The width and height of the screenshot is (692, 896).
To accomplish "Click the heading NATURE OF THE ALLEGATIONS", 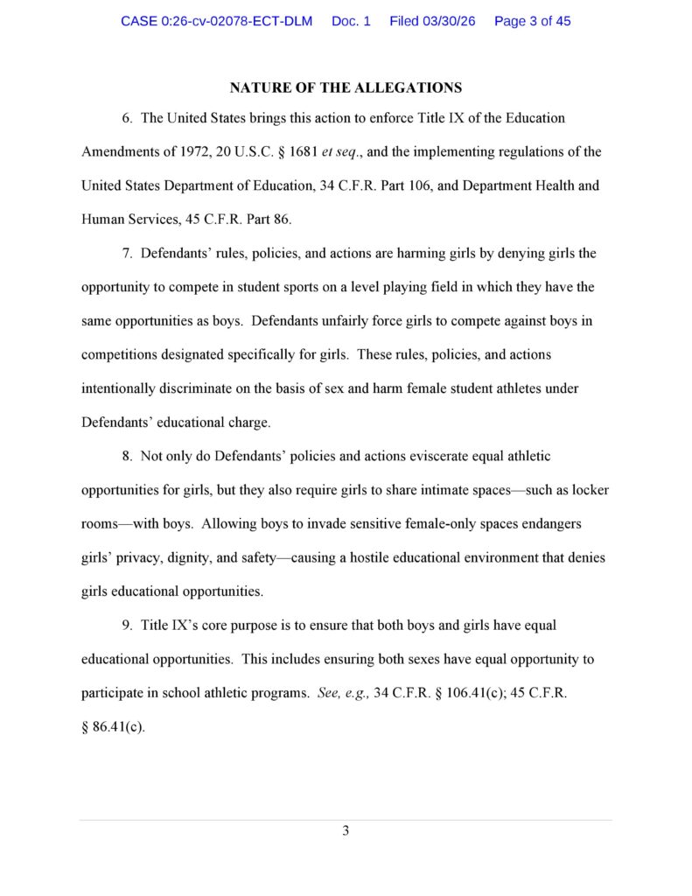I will (346, 87).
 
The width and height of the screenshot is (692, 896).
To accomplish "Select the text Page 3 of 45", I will (532, 21).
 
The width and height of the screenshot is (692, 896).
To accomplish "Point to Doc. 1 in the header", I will (351, 21).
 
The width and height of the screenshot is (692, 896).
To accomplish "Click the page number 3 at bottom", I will (346, 830).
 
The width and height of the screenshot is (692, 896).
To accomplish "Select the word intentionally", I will (119, 388).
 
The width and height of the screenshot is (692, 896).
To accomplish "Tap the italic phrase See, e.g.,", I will (344, 694).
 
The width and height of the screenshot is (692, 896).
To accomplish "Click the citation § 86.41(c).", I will (113, 727).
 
